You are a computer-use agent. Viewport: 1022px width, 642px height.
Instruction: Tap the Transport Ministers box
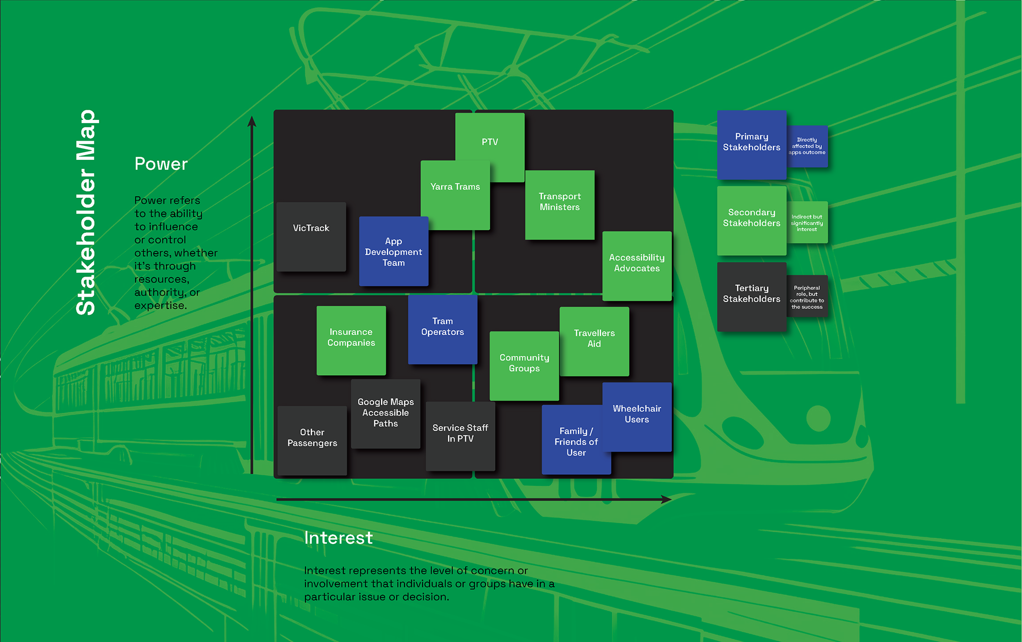(x=559, y=205)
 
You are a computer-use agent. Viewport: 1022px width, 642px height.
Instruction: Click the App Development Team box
(x=393, y=251)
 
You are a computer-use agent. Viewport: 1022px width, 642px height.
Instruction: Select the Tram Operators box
(x=442, y=329)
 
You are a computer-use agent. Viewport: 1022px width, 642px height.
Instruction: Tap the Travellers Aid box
(x=594, y=341)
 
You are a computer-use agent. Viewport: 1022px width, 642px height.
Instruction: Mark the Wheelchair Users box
(x=637, y=416)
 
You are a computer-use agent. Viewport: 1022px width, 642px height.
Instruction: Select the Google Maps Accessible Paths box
(x=385, y=413)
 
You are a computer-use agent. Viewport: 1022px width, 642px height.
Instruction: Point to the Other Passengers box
(x=312, y=440)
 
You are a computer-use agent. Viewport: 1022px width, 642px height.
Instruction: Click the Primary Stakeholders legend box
(x=751, y=144)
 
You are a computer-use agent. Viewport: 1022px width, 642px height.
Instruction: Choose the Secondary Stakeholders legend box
(x=751, y=220)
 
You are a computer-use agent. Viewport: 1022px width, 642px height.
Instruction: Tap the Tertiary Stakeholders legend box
(x=751, y=296)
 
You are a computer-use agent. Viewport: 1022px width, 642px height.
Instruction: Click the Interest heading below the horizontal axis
(x=338, y=538)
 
